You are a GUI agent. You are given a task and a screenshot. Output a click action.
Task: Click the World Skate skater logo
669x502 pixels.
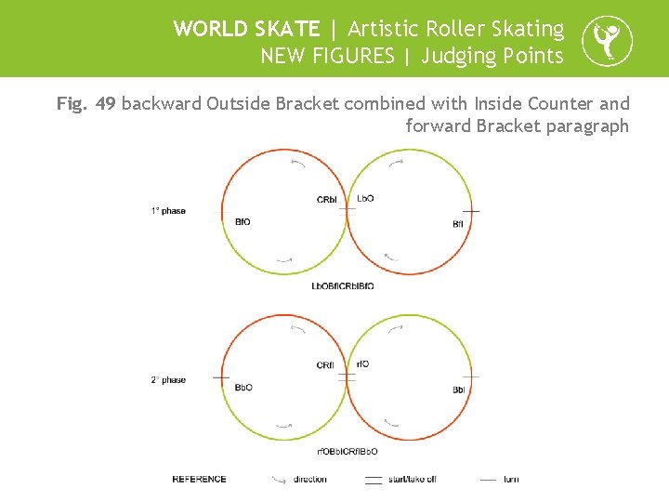(x=607, y=42)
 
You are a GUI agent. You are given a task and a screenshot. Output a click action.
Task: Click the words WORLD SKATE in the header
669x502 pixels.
(x=246, y=29)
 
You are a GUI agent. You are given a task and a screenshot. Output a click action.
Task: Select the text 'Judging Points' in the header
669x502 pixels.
(x=492, y=56)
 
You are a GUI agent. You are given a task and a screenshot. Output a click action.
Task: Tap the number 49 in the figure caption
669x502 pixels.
(x=105, y=103)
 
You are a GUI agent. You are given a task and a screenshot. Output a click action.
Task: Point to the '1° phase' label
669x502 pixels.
(x=168, y=211)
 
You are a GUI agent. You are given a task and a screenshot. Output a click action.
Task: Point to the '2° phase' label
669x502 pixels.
(x=168, y=379)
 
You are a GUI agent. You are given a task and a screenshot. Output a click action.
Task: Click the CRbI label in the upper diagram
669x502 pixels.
(x=327, y=200)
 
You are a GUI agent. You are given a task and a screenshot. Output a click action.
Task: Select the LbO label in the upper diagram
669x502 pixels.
(x=365, y=199)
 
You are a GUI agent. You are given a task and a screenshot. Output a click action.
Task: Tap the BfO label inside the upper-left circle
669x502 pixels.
(x=243, y=222)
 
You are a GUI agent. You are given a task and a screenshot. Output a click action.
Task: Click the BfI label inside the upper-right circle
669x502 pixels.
(x=458, y=224)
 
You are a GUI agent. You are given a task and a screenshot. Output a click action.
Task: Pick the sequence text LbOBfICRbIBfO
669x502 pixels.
(x=343, y=285)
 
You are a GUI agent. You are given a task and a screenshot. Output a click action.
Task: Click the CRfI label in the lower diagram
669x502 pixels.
(x=325, y=365)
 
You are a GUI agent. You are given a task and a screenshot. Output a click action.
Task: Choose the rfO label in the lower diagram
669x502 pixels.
(x=363, y=363)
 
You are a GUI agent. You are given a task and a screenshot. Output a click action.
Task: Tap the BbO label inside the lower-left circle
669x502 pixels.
(x=243, y=388)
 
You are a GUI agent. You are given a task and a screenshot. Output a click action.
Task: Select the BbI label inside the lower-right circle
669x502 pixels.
(x=458, y=390)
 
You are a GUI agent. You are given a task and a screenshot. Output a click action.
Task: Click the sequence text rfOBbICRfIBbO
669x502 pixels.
(x=348, y=452)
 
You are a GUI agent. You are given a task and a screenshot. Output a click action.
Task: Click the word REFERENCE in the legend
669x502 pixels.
(x=199, y=479)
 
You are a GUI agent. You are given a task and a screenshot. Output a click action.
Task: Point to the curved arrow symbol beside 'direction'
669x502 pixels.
(x=279, y=480)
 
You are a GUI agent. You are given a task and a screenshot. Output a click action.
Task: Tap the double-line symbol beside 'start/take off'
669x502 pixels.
(x=374, y=480)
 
